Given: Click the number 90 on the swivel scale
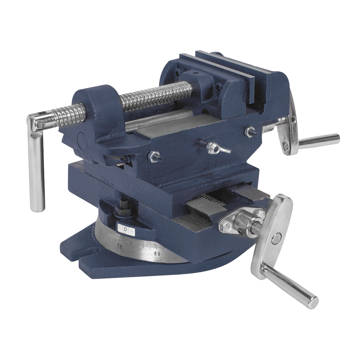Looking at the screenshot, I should pos(119,247).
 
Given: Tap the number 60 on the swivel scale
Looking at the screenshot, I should pos(157,253).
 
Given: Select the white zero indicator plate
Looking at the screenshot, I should pos(125,229).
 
